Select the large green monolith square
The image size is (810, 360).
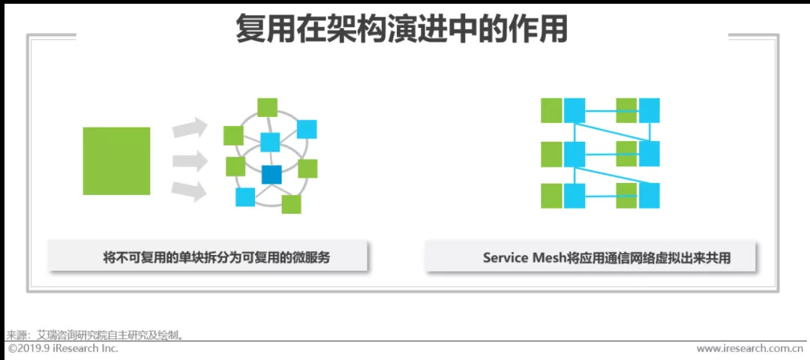116,161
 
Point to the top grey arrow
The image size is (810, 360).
190,128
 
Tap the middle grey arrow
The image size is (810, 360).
190,160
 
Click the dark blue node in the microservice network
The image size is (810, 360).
271,175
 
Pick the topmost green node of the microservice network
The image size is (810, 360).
267,107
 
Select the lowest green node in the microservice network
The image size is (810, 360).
291,204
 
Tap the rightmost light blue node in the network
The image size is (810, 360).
307,129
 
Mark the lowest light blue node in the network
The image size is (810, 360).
245,196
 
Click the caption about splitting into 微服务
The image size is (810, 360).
216,257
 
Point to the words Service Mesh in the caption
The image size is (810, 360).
526,257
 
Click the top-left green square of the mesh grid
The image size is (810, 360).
551,110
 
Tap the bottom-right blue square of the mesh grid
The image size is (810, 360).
649,196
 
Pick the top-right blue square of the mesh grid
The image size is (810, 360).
649,110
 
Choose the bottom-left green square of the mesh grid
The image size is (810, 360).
551,196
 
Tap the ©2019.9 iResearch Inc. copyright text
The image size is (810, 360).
63,349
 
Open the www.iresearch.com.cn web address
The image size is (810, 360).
749,349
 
